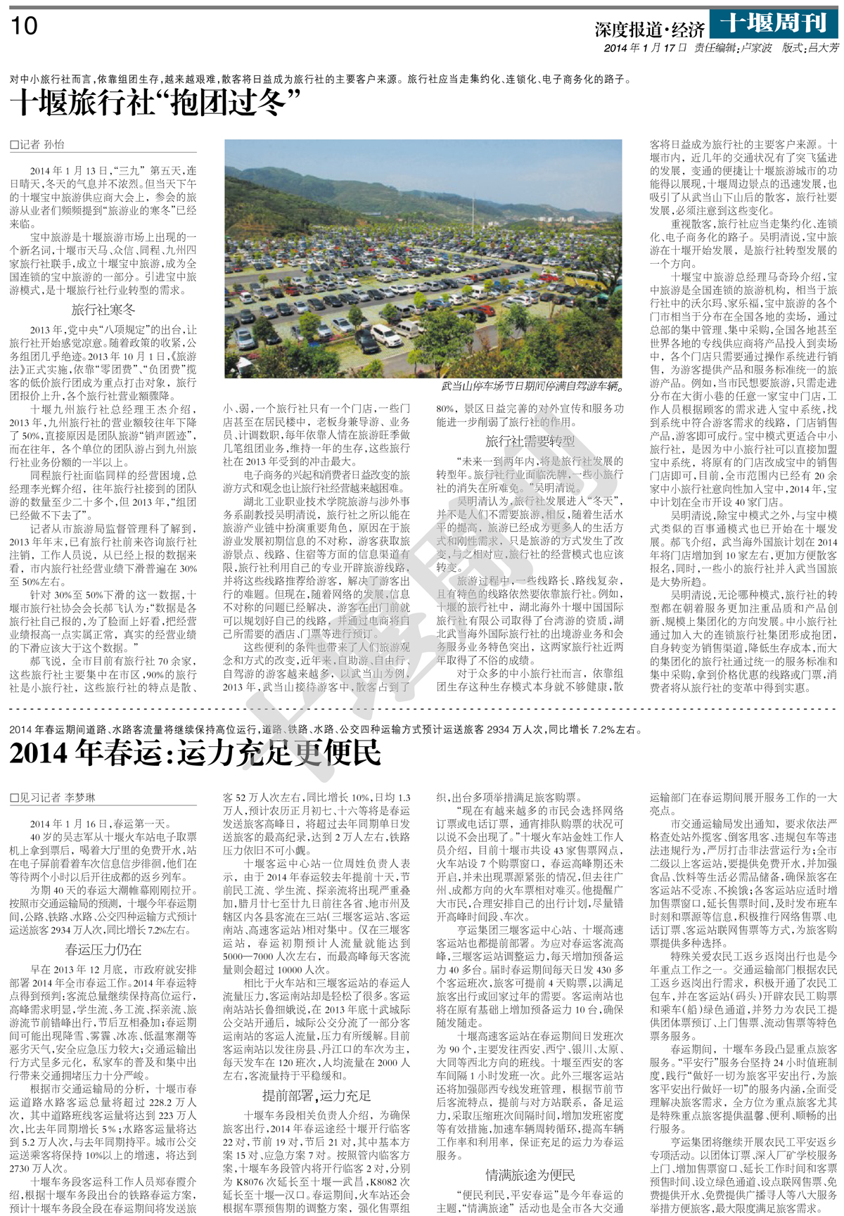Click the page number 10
point(24,26)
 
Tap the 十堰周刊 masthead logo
point(774,23)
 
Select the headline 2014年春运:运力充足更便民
point(195,753)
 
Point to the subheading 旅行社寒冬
point(103,309)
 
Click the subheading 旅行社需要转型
point(530,442)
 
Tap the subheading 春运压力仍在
point(103,949)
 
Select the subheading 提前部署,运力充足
point(316,1095)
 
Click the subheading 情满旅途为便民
point(530,1175)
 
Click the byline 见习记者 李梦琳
point(52,798)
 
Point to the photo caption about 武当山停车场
point(532,386)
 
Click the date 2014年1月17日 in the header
point(645,48)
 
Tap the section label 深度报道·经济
point(649,29)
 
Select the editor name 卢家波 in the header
point(755,48)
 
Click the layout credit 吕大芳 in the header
point(822,48)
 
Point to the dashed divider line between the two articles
point(422,708)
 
